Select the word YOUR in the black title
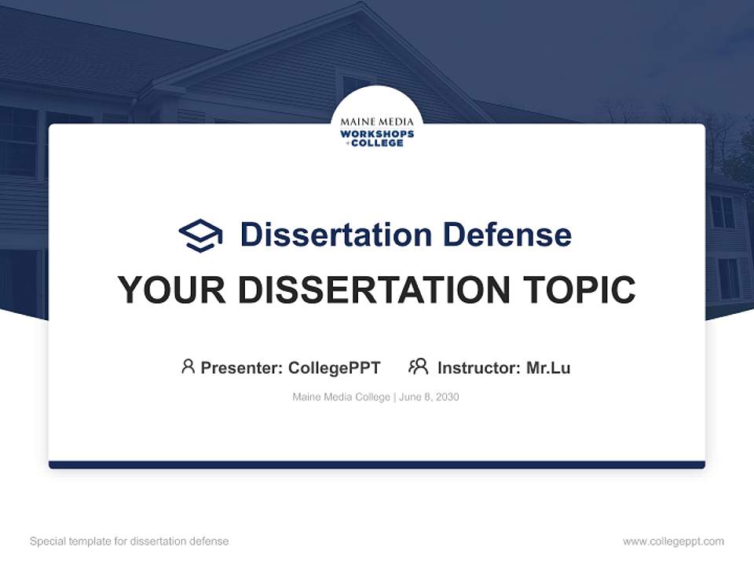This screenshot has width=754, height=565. (x=171, y=290)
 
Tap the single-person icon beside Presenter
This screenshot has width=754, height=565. (x=188, y=366)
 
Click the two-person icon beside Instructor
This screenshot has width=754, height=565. (x=418, y=366)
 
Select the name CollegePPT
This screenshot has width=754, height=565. (x=335, y=368)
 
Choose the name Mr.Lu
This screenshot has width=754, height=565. (x=548, y=368)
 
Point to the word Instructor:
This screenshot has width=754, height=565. (x=479, y=368)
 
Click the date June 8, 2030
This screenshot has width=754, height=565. (x=429, y=397)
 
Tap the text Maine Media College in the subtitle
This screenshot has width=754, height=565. (x=341, y=397)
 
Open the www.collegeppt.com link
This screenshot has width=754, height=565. (x=673, y=541)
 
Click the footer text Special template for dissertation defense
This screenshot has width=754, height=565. (x=130, y=541)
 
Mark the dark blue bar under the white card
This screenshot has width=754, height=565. (x=377, y=465)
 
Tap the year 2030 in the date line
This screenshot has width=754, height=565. (x=447, y=397)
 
